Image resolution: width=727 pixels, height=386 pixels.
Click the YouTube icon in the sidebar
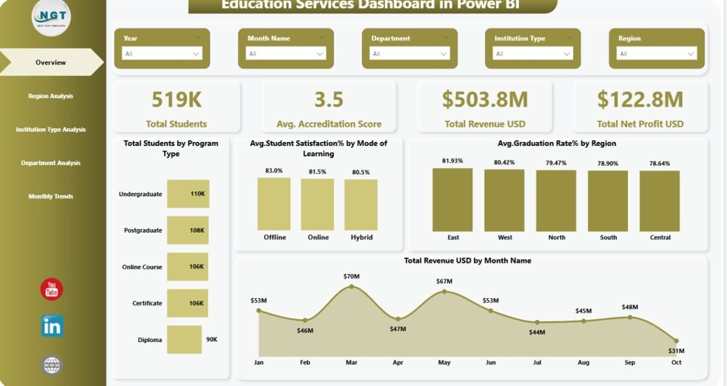tap(52, 289)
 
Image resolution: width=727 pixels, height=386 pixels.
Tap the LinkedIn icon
tap(52, 326)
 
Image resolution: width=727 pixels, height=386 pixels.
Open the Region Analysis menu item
tap(50, 96)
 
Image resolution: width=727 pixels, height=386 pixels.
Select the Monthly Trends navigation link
tap(50, 197)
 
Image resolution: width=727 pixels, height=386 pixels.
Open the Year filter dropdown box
tap(162, 54)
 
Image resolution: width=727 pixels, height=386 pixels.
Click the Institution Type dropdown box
tap(532, 54)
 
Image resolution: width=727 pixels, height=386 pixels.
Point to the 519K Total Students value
tap(176, 100)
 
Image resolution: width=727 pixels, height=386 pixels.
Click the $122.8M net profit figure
tap(640, 100)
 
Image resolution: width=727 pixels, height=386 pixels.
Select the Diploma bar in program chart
tap(184, 340)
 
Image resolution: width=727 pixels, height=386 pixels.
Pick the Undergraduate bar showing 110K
tap(188, 194)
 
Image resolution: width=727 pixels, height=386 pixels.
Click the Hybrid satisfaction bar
tap(361, 204)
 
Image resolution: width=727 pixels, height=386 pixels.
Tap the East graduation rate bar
tap(452, 200)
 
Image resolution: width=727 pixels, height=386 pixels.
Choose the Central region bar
tap(660, 201)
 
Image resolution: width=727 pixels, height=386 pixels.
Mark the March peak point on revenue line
tap(351, 287)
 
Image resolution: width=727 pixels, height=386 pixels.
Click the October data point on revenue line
tap(677, 340)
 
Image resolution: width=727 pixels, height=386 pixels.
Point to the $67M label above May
tap(444, 281)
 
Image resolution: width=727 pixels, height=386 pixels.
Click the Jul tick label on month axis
tap(537, 363)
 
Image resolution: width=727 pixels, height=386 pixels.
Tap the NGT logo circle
tap(51, 18)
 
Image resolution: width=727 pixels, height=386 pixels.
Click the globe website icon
tap(52, 365)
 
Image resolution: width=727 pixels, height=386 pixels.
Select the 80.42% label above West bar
tap(505, 162)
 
